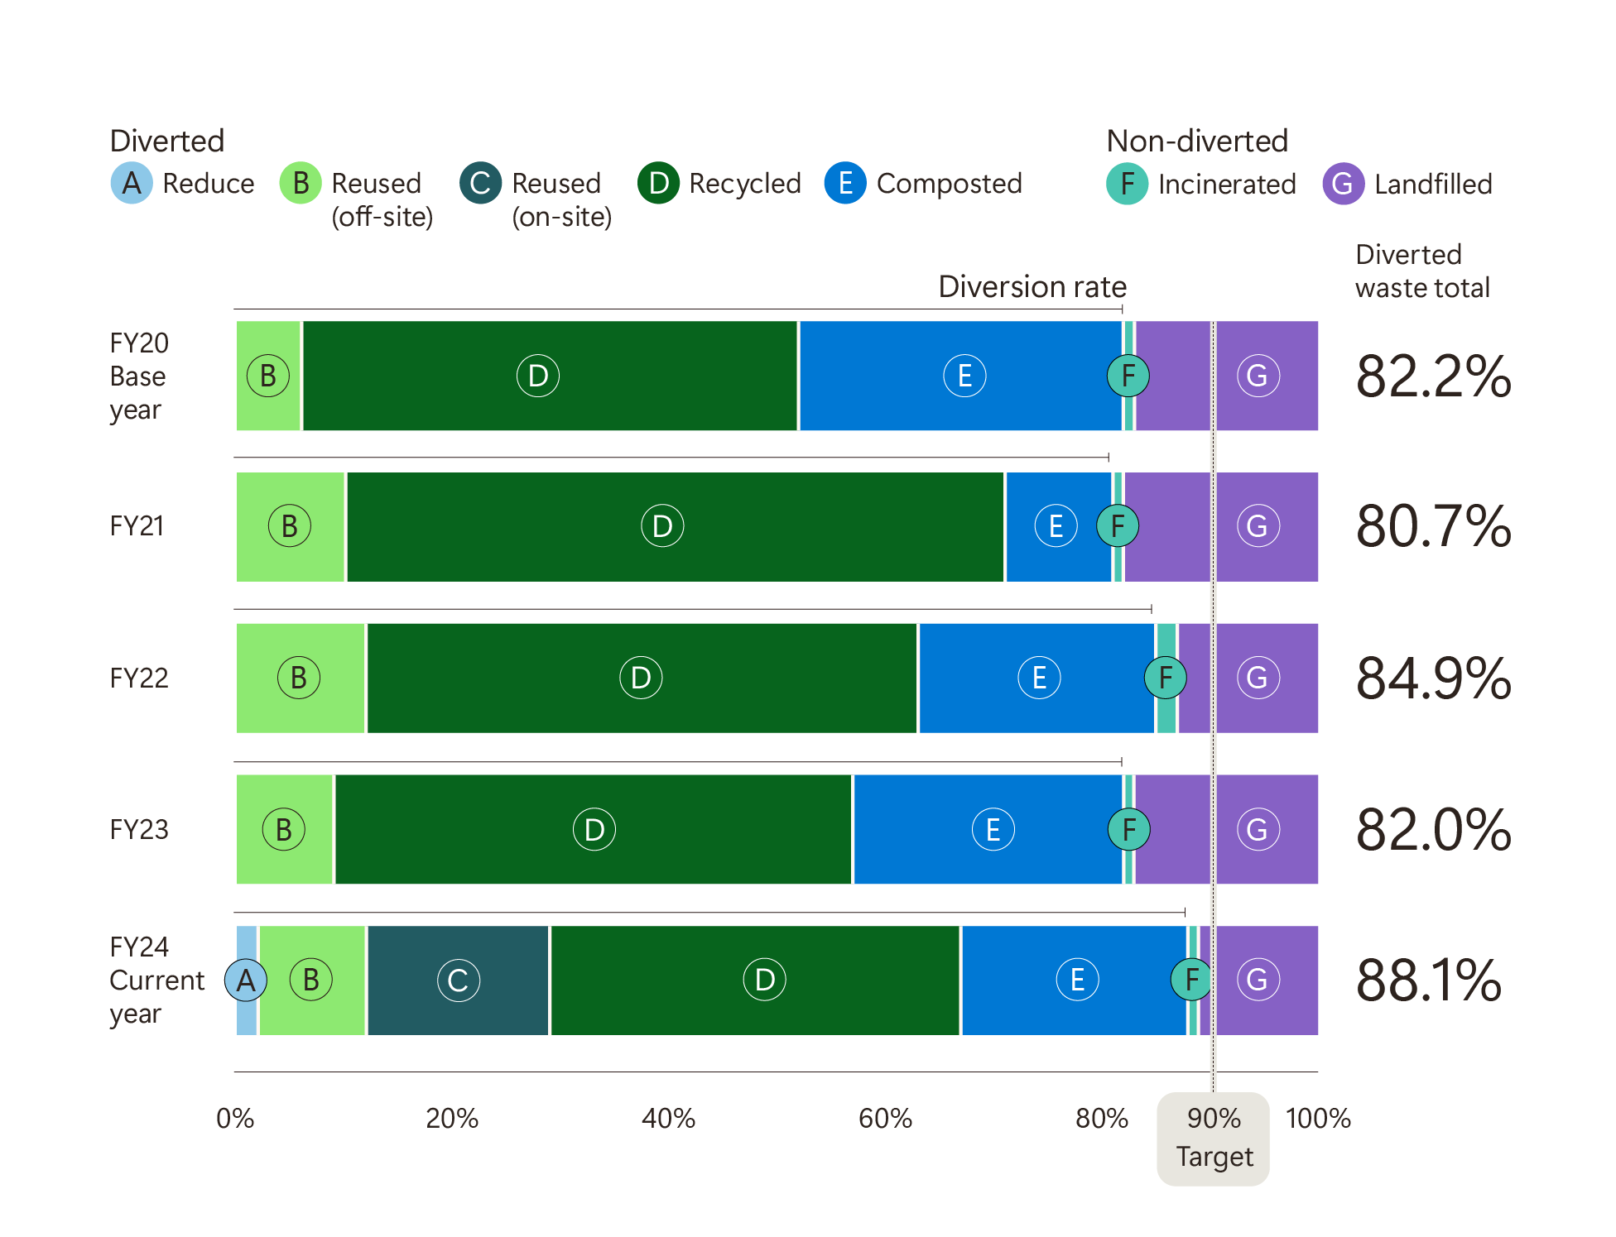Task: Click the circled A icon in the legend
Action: pyautogui.click(x=132, y=184)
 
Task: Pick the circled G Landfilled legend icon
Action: pyautogui.click(x=1342, y=184)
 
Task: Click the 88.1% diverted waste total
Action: pyautogui.click(x=1428, y=980)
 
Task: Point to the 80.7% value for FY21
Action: pyautogui.click(x=1433, y=526)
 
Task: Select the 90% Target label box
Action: pyautogui.click(x=1213, y=1139)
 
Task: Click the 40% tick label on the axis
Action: pyautogui.click(x=668, y=1119)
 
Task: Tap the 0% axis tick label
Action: pyautogui.click(x=235, y=1119)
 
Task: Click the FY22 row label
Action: pyautogui.click(x=139, y=678)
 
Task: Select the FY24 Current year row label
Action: pyautogui.click(x=156, y=980)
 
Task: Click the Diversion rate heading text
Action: pyautogui.click(x=1032, y=287)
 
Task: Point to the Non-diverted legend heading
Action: pyautogui.click(x=1197, y=141)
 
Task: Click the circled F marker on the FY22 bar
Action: pyautogui.click(x=1165, y=678)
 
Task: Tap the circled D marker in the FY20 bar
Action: pyautogui.click(x=538, y=376)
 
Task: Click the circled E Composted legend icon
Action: pyautogui.click(x=844, y=184)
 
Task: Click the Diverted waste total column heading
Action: pyautogui.click(x=1422, y=271)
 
